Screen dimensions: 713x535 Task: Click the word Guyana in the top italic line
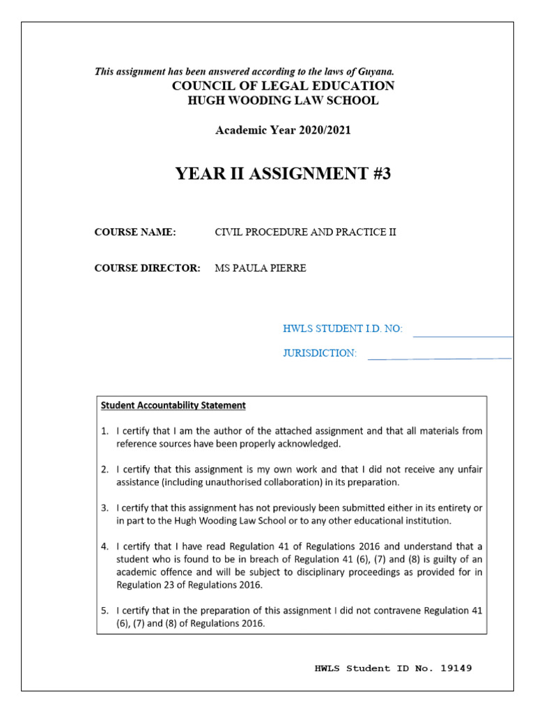click(x=378, y=72)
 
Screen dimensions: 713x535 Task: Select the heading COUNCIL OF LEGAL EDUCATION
click(x=283, y=86)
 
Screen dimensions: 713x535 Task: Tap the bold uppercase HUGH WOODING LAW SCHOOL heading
click(x=283, y=100)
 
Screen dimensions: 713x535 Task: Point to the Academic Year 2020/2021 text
click(x=283, y=131)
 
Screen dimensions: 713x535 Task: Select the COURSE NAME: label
click(x=135, y=233)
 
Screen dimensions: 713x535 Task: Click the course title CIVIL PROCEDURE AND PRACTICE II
click(x=305, y=233)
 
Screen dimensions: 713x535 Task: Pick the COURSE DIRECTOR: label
click(x=147, y=269)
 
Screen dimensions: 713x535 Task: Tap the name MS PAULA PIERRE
click(x=260, y=269)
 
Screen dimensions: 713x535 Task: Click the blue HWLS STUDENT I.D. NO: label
click(x=343, y=329)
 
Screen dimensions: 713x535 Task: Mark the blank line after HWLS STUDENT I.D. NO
click(x=463, y=336)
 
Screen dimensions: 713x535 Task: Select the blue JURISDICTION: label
click(x=319, y=353)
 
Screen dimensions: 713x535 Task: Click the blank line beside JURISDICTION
click(x=439, y=359)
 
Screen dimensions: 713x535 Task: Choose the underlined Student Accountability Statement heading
click(x=173, y=405)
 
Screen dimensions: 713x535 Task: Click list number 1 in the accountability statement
click(x=104, y=431)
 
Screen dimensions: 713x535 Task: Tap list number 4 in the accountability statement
click(x=104, y=546)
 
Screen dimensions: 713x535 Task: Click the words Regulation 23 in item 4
click(x=142, y=583)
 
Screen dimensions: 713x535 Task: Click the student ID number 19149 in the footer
click(x=456, y=668)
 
